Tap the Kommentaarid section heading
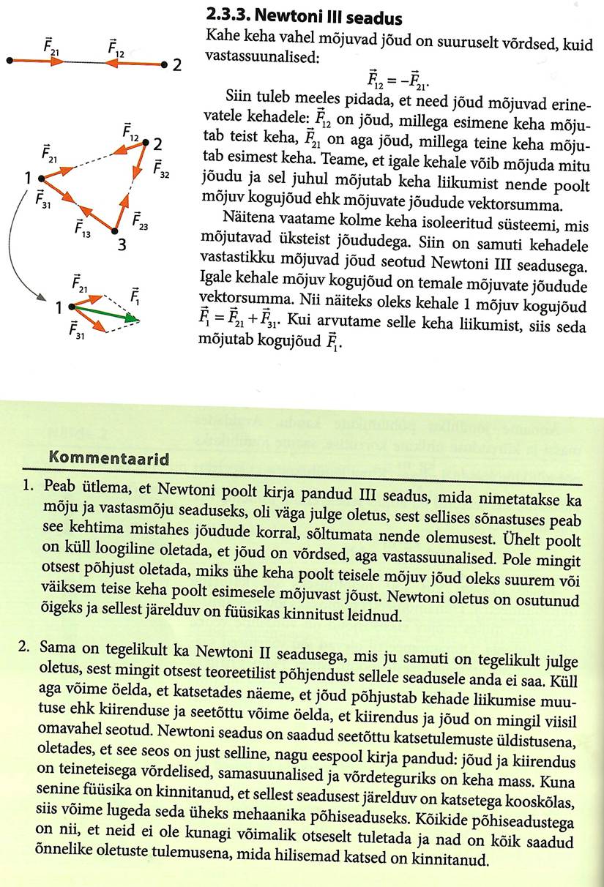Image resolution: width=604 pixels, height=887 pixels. [108, 459]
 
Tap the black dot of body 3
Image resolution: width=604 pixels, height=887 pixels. [113, 231]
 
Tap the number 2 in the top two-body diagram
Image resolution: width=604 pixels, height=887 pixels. [176, 65]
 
